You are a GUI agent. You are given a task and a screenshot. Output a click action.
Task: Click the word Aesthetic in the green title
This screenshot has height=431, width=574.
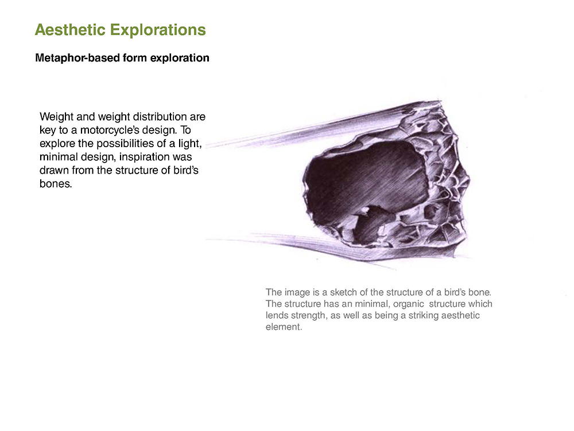tap(69, 30)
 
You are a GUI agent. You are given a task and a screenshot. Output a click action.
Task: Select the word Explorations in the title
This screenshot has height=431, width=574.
tap(158, 30)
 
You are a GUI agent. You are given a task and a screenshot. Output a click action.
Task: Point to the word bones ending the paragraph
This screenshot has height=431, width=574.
tap(56, 184)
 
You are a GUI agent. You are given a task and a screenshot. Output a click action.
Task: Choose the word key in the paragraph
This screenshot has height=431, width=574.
tap(48, 130)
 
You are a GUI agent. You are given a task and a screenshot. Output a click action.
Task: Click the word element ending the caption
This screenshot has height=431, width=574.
tap(284, 327)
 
